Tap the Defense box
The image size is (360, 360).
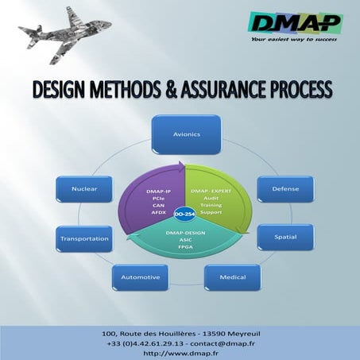[285, 190]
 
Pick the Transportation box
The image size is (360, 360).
[83, 238]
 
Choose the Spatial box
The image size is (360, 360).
[285, 237]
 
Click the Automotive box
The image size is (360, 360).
[141, 277]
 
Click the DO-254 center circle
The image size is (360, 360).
[185, 215]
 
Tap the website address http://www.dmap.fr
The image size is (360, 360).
[180, 351]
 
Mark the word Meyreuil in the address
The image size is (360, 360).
[235, 332]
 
